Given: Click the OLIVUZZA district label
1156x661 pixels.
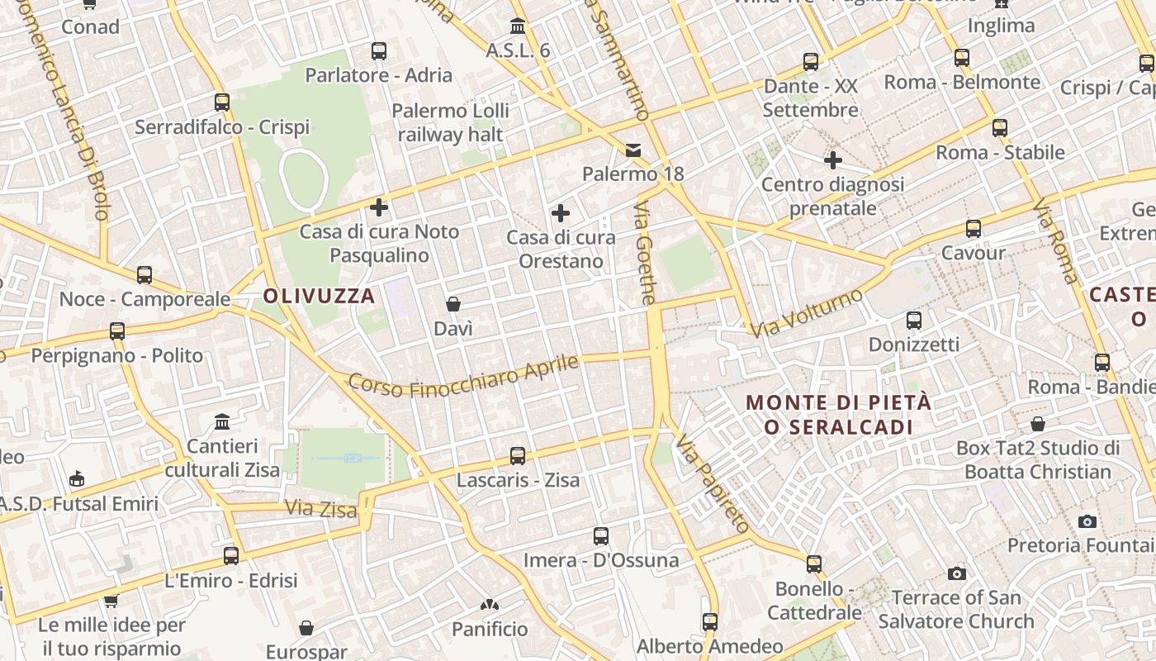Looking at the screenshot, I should (x=319, y=296).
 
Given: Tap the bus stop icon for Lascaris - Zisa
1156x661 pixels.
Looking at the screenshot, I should (x=518, y=455).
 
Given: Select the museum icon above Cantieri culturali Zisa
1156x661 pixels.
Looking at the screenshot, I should (x=222, y=422).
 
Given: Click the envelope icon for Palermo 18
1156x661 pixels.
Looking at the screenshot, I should (x=633, y=150).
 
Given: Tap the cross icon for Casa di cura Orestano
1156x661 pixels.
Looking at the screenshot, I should (x=561, y=213).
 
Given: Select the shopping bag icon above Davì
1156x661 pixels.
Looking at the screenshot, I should (x=453, y=304).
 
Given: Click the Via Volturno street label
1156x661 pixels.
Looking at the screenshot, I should (x=806, y=313).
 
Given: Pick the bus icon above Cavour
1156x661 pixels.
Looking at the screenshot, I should (x=974, y=229).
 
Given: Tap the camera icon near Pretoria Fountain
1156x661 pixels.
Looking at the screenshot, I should (x=1087, y=521).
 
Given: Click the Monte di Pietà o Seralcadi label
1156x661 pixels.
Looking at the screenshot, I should (x=838, y=415).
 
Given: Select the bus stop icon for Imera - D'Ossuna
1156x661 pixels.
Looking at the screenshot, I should (x=601, y=536).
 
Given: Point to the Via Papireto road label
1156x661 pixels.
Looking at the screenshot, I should (x=712, y=485).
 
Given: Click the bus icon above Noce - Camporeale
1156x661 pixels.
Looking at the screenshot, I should (x=144, y=274).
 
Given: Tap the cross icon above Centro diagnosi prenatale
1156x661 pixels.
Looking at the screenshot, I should (x=832, y=159).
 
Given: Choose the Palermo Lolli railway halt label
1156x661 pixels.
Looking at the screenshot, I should (x=450, y=122).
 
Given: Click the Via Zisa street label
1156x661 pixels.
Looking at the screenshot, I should (x=321, y=508).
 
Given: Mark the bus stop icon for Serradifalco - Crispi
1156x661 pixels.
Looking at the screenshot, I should (x=222, y=102).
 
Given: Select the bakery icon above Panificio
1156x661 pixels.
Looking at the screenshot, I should (x=490, y=606).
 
